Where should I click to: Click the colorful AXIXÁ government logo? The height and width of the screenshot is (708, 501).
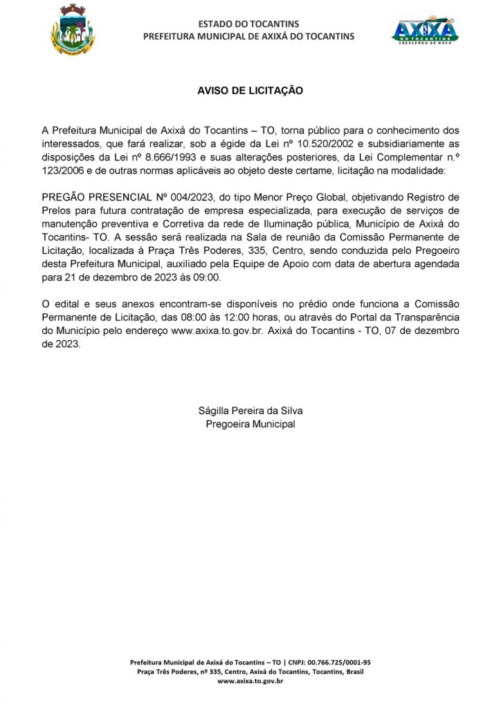[x=425, y=30]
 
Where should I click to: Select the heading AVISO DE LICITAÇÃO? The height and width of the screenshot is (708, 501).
[x=250, y=91]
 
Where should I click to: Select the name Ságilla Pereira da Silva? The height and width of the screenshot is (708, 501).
[x=250, y=411]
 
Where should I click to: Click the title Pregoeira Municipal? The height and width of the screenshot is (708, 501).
[x=250, y=424]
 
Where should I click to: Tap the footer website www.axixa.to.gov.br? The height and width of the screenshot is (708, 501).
[x=250, y=681]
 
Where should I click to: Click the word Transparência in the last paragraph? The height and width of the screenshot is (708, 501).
[x=423, y=317]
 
